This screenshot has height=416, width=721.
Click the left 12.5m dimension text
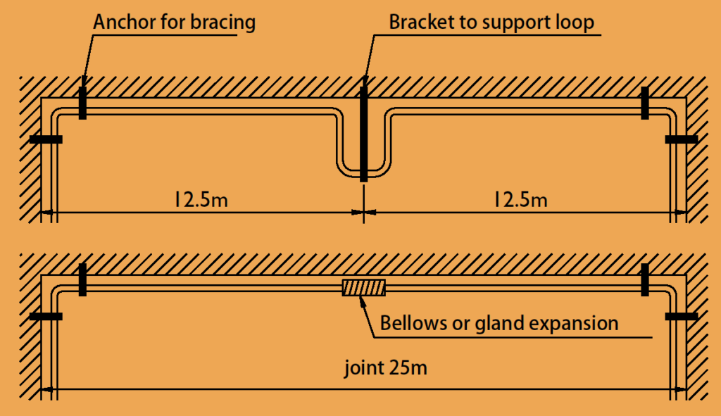[x=201, y=200]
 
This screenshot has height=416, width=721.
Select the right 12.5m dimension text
[x=520, y=200]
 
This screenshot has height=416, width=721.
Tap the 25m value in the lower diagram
[x=408, y=367]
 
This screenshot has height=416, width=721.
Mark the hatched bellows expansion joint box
[x=364, y=288]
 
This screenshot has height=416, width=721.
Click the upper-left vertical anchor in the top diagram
[x=83, y=103]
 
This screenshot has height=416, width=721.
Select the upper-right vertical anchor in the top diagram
[x=645, y=103]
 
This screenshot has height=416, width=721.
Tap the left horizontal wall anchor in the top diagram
[x=46, y=139]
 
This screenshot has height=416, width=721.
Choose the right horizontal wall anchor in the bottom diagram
[x=682, y=316]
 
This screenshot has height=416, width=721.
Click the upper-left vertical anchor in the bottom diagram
[x=83, y=279]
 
